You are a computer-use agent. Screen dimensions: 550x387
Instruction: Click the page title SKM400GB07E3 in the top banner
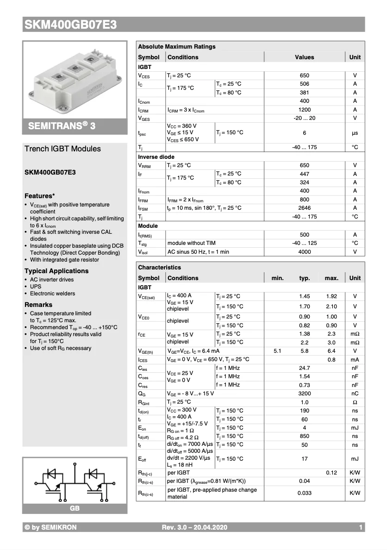(x=70, y=25)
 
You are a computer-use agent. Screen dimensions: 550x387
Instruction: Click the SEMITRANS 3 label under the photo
(x=62, y=126)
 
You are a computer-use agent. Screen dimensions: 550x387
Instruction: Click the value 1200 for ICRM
(x=304, y=110)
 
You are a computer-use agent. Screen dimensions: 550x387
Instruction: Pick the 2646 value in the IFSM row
(x=304, y=208)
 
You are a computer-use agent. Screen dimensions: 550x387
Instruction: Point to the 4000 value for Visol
(x=304, y=252)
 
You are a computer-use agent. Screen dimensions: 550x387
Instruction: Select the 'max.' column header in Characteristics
(x=331, y=278)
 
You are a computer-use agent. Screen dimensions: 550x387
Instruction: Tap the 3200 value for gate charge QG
(x=304, y=394)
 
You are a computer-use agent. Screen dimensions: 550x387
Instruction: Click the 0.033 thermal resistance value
(x=304, y=493)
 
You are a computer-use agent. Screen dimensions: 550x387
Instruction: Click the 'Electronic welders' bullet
(x=52, y=294)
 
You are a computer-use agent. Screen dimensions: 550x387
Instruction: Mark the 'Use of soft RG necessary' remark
(x=61, y=348)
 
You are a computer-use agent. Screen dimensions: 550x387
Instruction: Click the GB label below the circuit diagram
(x=75, y=508)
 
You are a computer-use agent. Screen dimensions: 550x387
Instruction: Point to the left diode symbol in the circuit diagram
(x=50, y=474)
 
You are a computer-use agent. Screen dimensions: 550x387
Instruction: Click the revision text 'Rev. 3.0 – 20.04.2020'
(x=194, y=527)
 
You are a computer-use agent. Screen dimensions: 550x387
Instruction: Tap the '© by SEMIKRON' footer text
(x=51, y=527)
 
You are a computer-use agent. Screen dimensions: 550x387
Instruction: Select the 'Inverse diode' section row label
(x=156, y=157)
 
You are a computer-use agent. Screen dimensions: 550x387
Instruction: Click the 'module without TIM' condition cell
(x=191, y=243)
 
